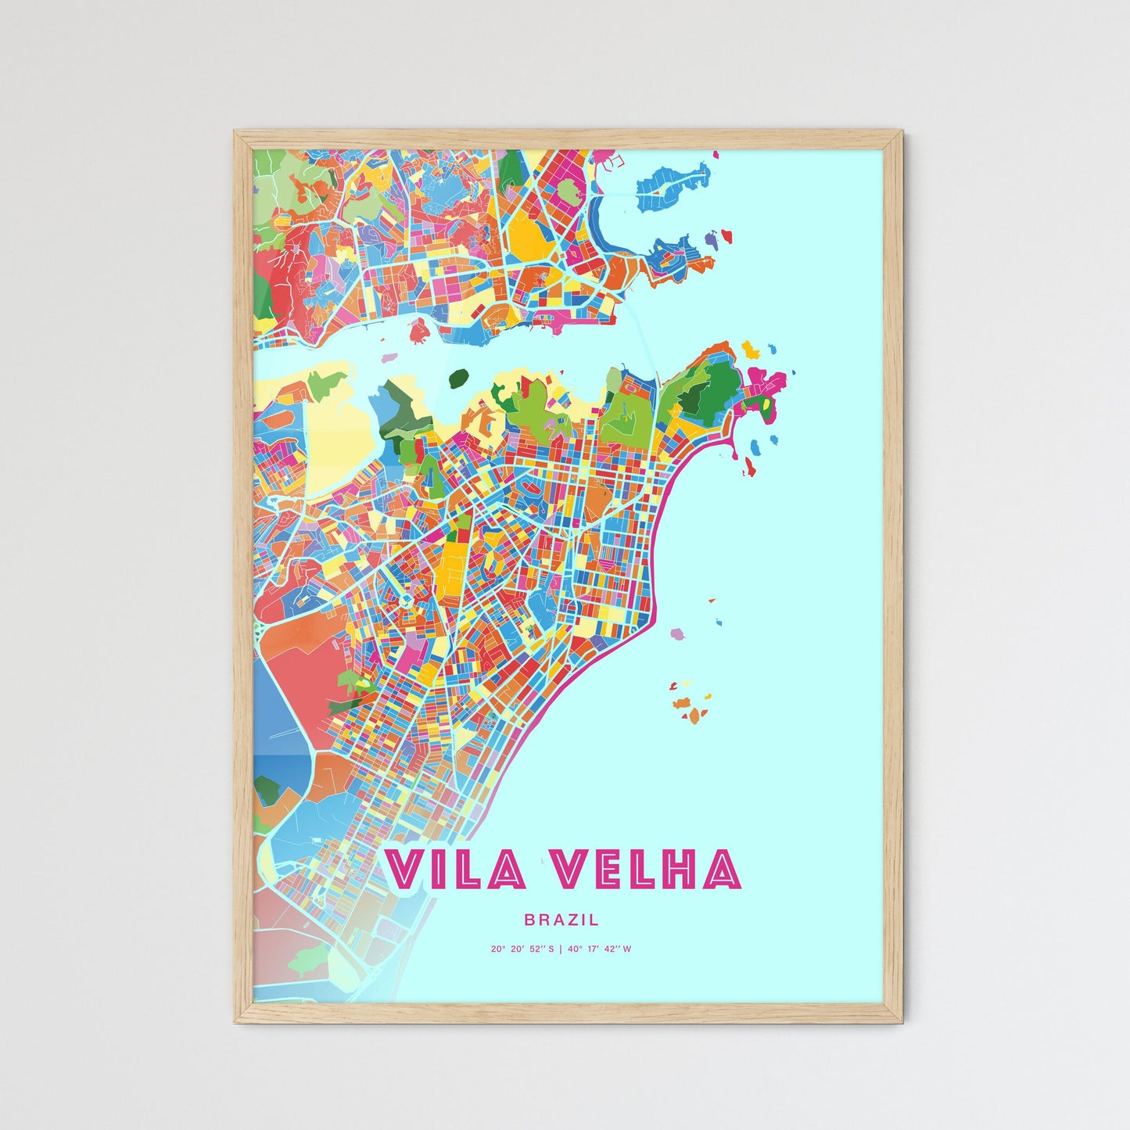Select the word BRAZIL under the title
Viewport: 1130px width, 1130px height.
561,920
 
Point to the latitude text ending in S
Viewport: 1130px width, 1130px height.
522,949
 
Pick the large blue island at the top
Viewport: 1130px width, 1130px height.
671,185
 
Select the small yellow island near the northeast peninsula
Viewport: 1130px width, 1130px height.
750,348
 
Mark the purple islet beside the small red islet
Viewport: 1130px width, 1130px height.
711,238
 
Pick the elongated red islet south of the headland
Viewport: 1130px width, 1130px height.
748,468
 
